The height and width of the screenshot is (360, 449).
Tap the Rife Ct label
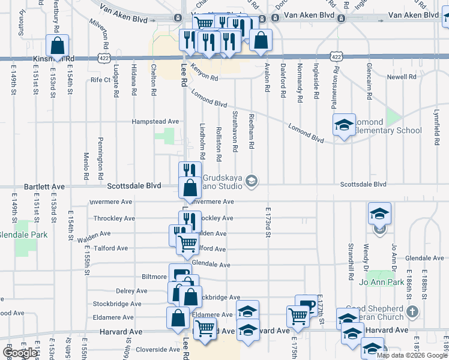tap(101, 79)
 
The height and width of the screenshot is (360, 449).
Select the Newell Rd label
tap(402, 77)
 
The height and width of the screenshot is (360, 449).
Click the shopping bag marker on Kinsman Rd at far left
tap(58, 46)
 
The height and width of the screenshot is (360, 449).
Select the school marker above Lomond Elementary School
tap(343, 125)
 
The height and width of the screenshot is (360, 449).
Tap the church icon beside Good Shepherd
tap(411, 312)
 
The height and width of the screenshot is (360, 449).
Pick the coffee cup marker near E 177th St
tap(306, 305)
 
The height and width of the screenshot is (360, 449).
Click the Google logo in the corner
tap(20, 353)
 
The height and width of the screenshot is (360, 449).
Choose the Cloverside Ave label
tap(158, 349)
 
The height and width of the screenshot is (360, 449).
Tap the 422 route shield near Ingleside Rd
tap(334, 56)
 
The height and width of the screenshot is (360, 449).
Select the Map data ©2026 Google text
tap(412, 355)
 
